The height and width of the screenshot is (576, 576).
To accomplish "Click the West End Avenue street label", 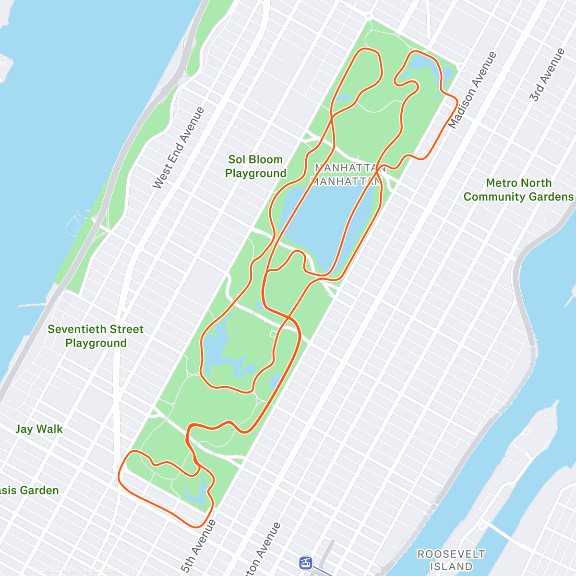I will pyautogui.click(x=179, y=148).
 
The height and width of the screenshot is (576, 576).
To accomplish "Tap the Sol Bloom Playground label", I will pyautogui.click(x=255, y=167).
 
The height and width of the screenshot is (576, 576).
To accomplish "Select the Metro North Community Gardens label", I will pyautogui.click(x=518, y=190).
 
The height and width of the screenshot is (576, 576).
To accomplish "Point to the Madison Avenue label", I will pyautogui.click(x=472, y=90).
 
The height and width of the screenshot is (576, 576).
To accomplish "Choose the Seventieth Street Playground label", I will pyautogui.click(x=96, y=336).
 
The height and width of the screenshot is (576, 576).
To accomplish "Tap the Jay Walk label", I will pyautogui.click(x=39, y=429).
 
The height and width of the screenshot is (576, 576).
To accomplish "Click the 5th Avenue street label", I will pyautogui.click(x=198, y=546).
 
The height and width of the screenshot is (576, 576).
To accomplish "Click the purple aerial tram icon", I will pyautogui.click(x=305, y=563).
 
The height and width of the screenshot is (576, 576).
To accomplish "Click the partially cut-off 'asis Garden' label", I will pyautogui.click(x=29, y=491).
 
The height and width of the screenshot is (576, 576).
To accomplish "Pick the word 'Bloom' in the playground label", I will pyautogui.click(x=265, y=160).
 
